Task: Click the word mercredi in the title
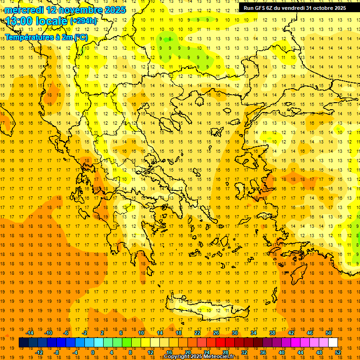pyautogui.click(x=24, y=10)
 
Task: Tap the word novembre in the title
pyautogui.click(x=82, y=10)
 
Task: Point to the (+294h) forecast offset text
pyautogui.click(x=83, y=21)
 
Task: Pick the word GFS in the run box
pyautogui.click(x=259, y=8)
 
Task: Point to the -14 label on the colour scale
pyautogui.click(x=30, y=333)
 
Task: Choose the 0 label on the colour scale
pyautogui.click(x=93, y=352)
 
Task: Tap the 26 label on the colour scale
pyautogui.click(x=216, y=333)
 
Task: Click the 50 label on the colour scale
pyautogui.click(x=328, y=333)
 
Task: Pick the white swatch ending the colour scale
pyautogui.click(x=333, y=343)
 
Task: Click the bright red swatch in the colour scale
pyautogui.click(x=220, y=343)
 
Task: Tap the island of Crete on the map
pyautogui.click(x=206, y=310)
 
